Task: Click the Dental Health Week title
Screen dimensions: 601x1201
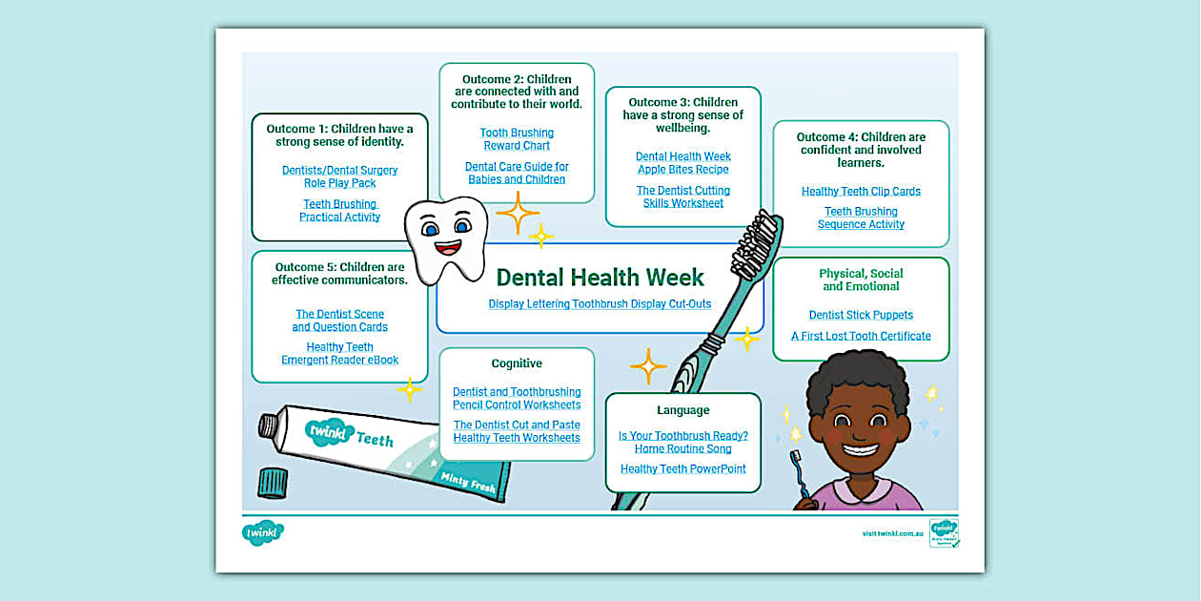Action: click(600, 278)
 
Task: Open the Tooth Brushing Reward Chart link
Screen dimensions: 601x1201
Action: click(517, 139)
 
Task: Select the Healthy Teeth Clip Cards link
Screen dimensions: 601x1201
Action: click(861, 192)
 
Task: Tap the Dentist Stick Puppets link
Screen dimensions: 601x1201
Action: click(861, 315)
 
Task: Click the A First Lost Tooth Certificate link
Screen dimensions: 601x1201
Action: click(861, 336)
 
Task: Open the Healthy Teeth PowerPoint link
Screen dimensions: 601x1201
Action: click(682, 469)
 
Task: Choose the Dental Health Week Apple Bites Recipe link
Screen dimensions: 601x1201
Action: click(683, 163)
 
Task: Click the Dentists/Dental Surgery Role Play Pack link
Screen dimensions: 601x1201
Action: click(339, 176)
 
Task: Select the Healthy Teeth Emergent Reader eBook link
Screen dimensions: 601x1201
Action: click(339, 354)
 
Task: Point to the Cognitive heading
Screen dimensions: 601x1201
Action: click(517, 363)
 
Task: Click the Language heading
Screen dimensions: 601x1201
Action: click(682, 410)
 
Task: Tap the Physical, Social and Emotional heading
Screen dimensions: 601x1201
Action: click(861, 280)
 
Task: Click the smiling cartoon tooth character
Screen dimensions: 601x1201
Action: click(445, 238)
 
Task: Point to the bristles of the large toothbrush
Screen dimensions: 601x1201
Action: click(759, 239)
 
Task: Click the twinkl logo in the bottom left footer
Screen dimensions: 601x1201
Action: click(263, 533)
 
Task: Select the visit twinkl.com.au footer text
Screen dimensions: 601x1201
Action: click(892, 534)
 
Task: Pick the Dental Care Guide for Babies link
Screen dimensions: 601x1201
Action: click(517, 173)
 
